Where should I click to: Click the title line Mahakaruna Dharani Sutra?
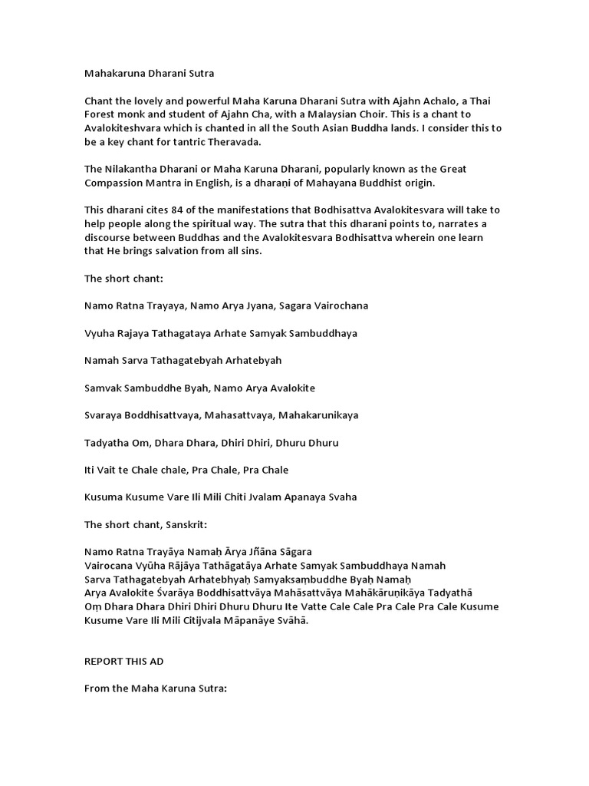(149, 74)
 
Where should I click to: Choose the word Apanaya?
(318, 497)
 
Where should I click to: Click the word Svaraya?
(105, 415)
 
